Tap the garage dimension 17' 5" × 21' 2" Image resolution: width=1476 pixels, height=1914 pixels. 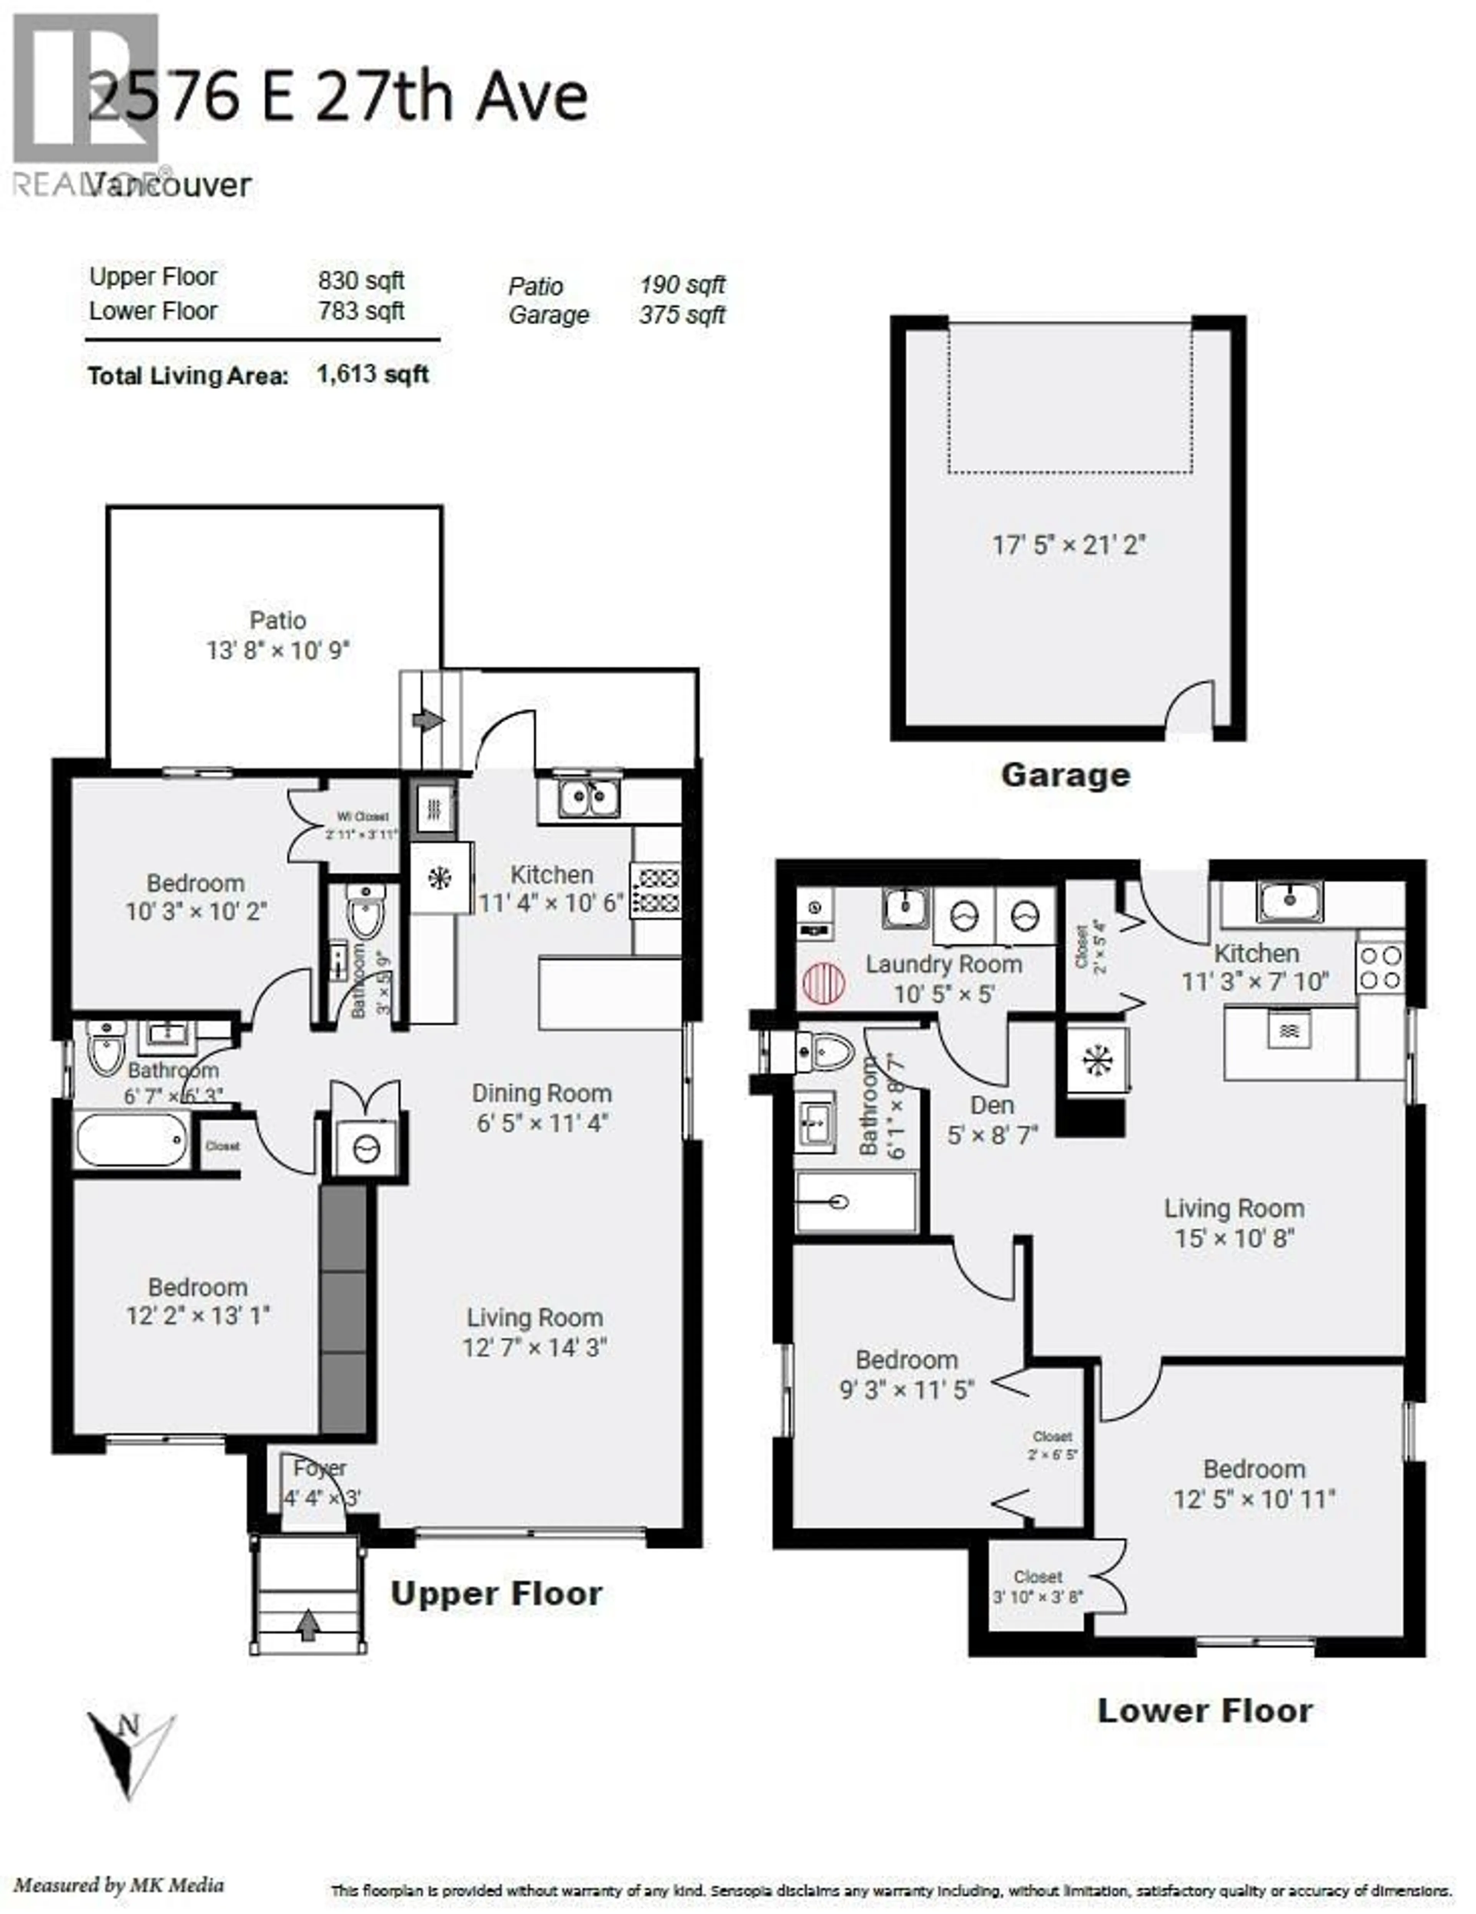point(1069,545)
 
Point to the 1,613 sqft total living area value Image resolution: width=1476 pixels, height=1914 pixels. point(372,375)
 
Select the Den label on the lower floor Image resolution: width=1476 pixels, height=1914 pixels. point(992,1106)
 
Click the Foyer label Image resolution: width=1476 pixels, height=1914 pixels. point(320,1468)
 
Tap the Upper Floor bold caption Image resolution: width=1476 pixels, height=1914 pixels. point(496,1594)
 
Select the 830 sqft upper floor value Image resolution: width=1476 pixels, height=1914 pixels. point(361,281)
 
